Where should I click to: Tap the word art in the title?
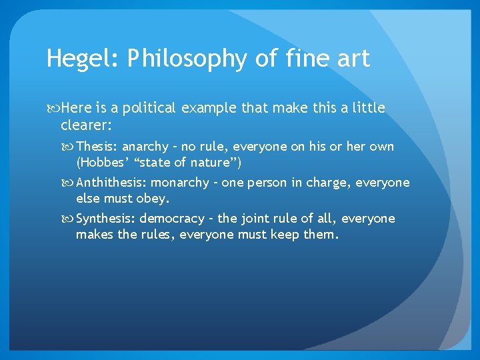point(352,59)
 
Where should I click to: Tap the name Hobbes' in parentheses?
point(99,162)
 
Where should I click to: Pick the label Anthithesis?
point(111,183)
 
